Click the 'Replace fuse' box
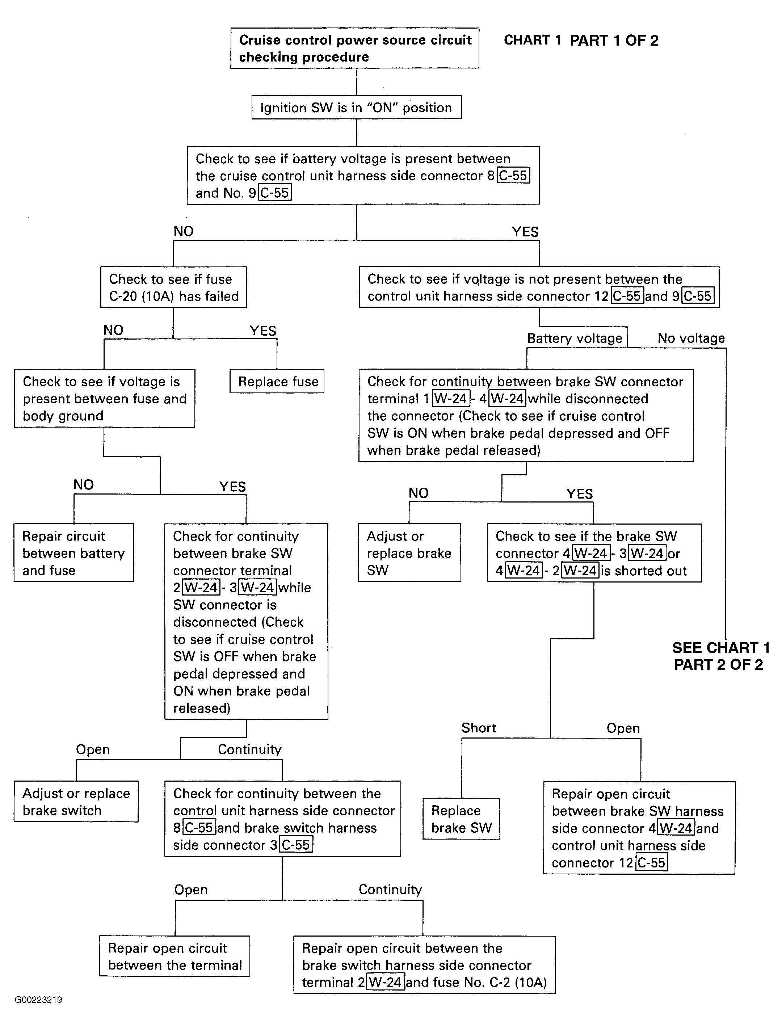[x=277, y=381]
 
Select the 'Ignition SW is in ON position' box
[x=356, y=107]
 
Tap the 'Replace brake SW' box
[x=461, y=819]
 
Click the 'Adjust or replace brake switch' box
[x=76, y=801]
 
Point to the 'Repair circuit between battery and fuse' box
[x=73, y=553]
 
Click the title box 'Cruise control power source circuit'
[x=355, y=48]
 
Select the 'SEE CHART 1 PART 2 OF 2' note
[x=720, y=656]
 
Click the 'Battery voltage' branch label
[x=575, y=339]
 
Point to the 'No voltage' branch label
[x=691, y=339]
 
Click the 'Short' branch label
[x=479, y=728]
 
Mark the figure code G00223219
[x=38, y=999]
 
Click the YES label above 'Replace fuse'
[x=263, y=331]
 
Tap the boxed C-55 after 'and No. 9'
[x=275, y=193]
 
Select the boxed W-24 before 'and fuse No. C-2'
[x=386, y=983]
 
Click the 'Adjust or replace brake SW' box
[x=409, y=553]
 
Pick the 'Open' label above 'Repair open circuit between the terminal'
[x=191, y=890]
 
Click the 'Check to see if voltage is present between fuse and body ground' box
[x=104, y=399]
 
